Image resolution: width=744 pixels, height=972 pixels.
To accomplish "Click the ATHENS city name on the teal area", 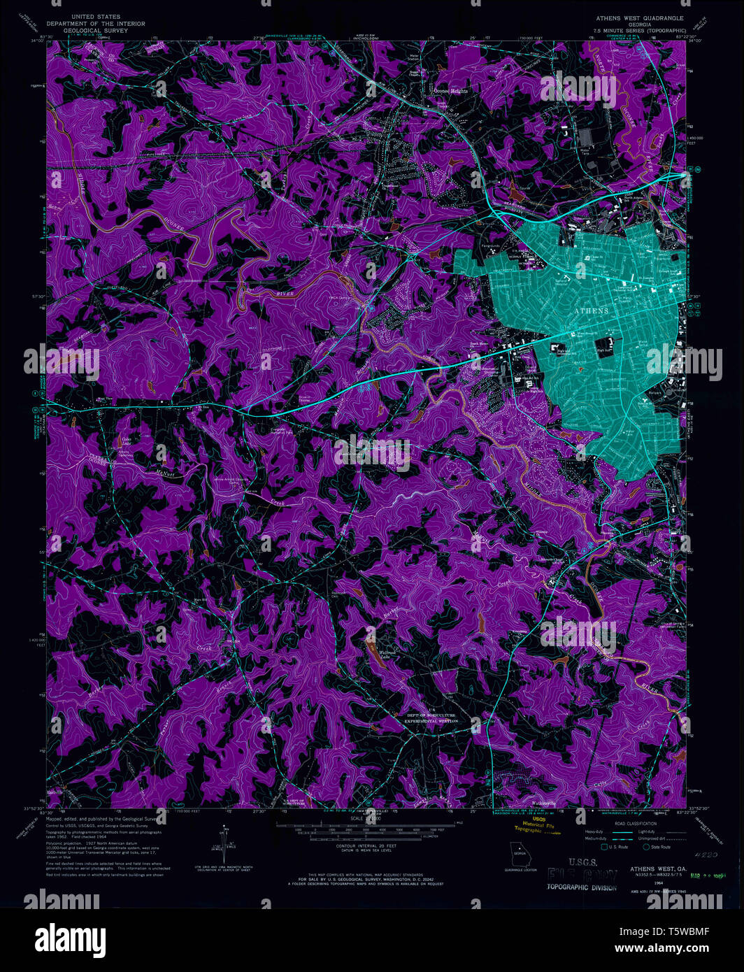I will [591, 310].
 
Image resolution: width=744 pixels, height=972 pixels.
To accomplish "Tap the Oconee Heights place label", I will [450, 91].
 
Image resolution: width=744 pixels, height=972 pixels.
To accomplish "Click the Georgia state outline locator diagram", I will [520, 854].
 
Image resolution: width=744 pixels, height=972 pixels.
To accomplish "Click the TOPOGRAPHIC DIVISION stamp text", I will [582, 887].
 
